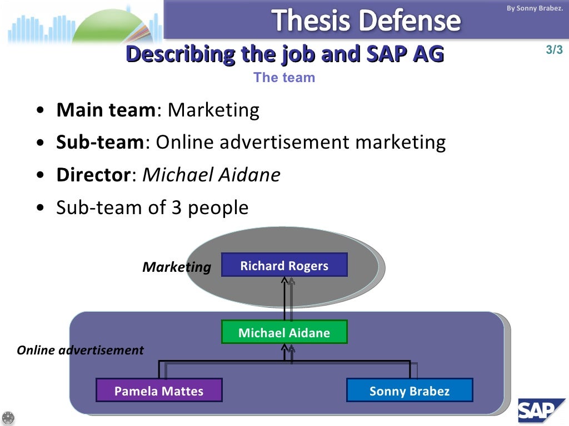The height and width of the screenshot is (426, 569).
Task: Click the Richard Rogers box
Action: coord(284,265)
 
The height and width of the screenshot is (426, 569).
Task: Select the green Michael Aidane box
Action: coord(284,332)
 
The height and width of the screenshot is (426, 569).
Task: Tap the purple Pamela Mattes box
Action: coord(159,390)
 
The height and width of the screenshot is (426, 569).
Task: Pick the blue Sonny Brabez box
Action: coord(410,390)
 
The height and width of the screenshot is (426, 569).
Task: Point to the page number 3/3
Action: coord(554,50)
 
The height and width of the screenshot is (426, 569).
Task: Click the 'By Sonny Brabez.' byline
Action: coord(535,8)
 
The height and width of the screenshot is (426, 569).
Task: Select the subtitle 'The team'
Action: coord(284,78)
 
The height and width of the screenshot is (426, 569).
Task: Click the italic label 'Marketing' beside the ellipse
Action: coord(177,267)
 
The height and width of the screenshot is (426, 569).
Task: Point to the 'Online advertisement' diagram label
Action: coord(80,350)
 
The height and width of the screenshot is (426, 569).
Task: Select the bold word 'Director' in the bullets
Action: coord(93,175)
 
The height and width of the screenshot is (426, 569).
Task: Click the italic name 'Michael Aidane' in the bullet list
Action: coord(212,175)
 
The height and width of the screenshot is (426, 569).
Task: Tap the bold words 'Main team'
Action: coord(106,110)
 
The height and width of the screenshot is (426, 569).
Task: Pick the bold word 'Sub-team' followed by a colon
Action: coord(100,143)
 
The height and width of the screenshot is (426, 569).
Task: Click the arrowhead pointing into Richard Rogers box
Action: coord(284,280)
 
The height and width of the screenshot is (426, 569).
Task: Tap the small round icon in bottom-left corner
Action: coord(8,418)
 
